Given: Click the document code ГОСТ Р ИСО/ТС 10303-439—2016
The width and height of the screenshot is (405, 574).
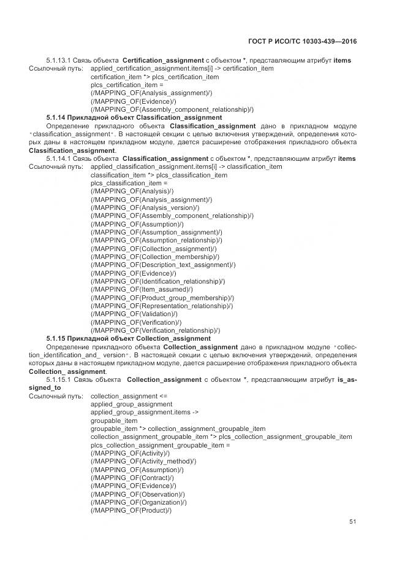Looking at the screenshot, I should coord(303,41).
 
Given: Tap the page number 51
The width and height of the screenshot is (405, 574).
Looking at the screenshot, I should coord(352,522).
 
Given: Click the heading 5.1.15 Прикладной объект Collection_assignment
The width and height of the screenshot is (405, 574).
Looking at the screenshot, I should coord(129,338).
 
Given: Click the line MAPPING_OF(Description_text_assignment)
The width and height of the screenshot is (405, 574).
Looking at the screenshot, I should coord(162,265).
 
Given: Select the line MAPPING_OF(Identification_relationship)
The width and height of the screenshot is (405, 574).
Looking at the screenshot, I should coord(157,281).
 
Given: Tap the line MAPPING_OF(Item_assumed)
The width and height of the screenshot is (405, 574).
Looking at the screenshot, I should coord(141,289).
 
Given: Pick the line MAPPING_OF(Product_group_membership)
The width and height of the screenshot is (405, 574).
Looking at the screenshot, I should coord(162,298).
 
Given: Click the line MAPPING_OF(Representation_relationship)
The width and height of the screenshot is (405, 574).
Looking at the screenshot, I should coord(161,306).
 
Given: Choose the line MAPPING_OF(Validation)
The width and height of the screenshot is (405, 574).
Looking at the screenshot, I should coord(134,314).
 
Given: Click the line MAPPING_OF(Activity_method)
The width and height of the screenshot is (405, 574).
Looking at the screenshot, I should coord(143,461).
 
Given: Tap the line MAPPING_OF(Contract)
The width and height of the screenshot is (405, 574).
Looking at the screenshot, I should coord(132,478).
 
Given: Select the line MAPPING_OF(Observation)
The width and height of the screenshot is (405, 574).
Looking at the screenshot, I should coord(138,494).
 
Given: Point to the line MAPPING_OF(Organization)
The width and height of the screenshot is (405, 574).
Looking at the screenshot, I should coord(139,502).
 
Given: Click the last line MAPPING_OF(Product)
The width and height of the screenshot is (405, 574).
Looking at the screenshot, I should coord(131,510).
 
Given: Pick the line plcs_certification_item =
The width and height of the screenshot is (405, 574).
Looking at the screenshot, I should coord(127,85).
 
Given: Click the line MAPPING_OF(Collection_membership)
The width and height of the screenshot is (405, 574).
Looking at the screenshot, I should coord(154,257).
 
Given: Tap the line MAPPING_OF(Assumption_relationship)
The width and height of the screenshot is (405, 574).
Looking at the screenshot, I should coord(156,240).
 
